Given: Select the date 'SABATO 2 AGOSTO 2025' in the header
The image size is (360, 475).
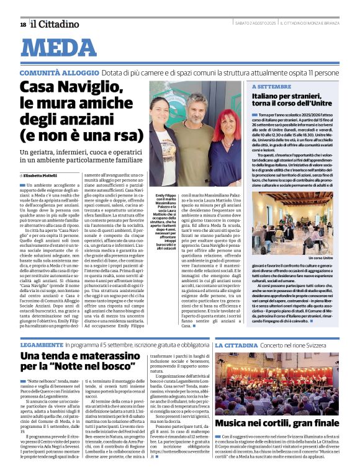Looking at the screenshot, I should pyautogui.click(x=252, y=24).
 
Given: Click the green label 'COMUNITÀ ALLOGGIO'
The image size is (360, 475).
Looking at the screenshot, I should pyautogui.click(x=57, y=73).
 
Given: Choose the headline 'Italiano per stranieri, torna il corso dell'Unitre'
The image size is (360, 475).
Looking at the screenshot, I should pyautogui.click(x=300, y=101).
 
